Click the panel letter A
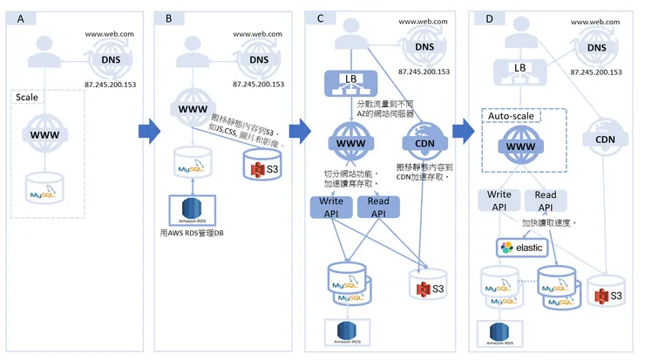(21, 18)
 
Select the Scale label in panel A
(27, 97)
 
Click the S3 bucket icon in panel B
(260, 165)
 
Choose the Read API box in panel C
(378, 207)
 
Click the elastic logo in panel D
(520, 248)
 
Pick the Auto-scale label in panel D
(511, 114)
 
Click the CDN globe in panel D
(606, 139)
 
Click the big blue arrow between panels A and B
(149, 132)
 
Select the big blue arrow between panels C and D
(465, 132)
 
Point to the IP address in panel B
(259, 85)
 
